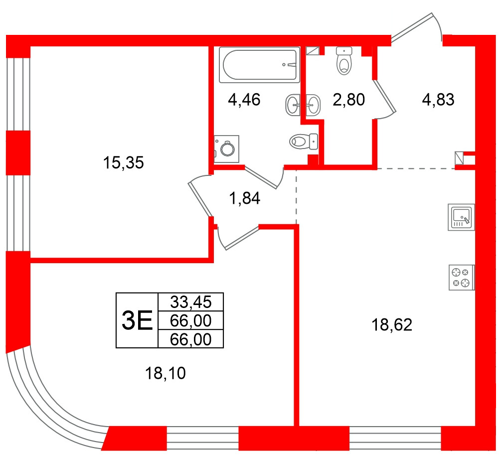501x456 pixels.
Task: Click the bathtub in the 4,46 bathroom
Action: (x=260, y=65)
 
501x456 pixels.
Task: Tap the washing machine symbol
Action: (x=227, y=148)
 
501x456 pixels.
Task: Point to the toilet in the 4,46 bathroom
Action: (x=304, y=142)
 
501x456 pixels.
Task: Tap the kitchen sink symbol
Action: (x=461, y=217)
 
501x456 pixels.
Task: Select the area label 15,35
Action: (x=123, y=162)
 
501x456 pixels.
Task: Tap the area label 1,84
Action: (x=244, y=199)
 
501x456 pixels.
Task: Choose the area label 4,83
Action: (x=438, y=100)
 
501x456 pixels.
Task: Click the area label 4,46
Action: (x=244, y=100)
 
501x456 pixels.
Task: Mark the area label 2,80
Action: (x=349, y=100)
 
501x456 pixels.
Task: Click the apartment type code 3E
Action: (x=137, y=320)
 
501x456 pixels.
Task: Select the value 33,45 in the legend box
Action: (x=190, y=302)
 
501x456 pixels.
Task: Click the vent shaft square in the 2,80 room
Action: (x=313, y=50)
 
